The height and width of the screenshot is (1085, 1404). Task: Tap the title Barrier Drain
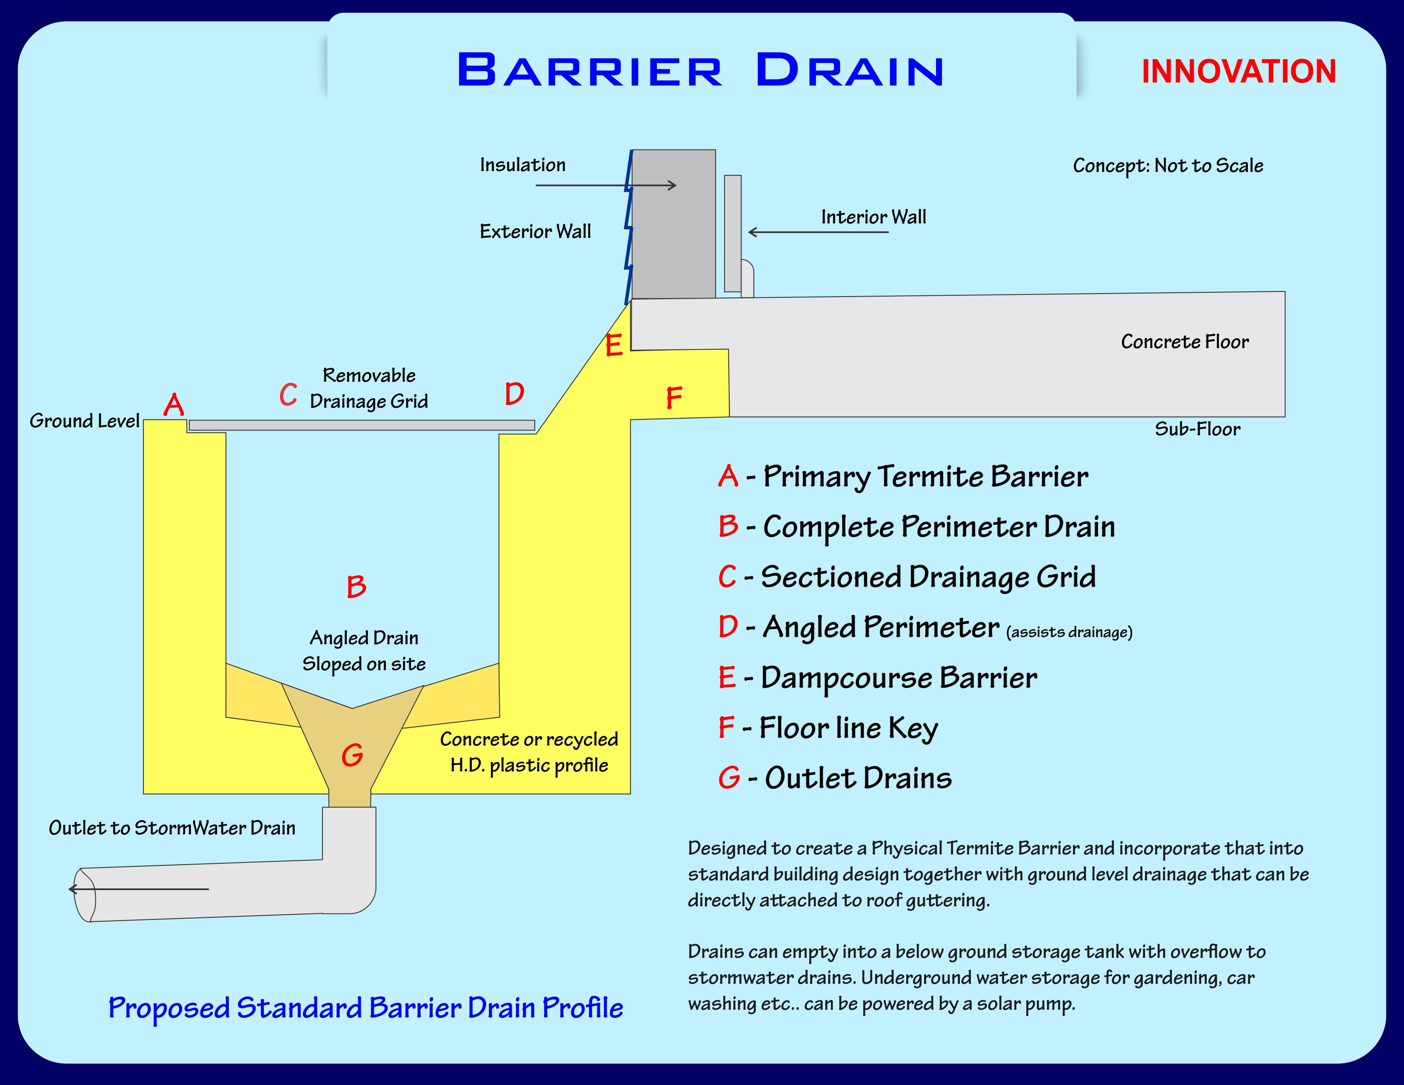[700, 70]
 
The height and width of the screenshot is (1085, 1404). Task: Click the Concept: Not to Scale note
[1167, 166]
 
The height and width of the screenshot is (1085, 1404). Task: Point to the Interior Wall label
[873, 217]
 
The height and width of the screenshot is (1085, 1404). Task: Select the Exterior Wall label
[535, 231]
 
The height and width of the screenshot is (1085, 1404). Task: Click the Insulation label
[522, 165]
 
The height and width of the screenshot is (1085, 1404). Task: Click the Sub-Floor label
[1197, 429]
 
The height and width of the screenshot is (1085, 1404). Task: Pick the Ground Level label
[84, 421]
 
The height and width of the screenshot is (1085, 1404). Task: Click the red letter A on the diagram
[174, 405]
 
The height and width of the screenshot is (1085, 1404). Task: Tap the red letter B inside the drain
[356, 587]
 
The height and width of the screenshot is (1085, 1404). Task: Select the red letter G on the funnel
[352, 755]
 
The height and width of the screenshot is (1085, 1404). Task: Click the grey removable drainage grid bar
[361, 425]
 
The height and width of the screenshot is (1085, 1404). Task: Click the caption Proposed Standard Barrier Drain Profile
[365, 1008]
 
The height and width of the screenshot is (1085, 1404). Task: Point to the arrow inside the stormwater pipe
[138, 889]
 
